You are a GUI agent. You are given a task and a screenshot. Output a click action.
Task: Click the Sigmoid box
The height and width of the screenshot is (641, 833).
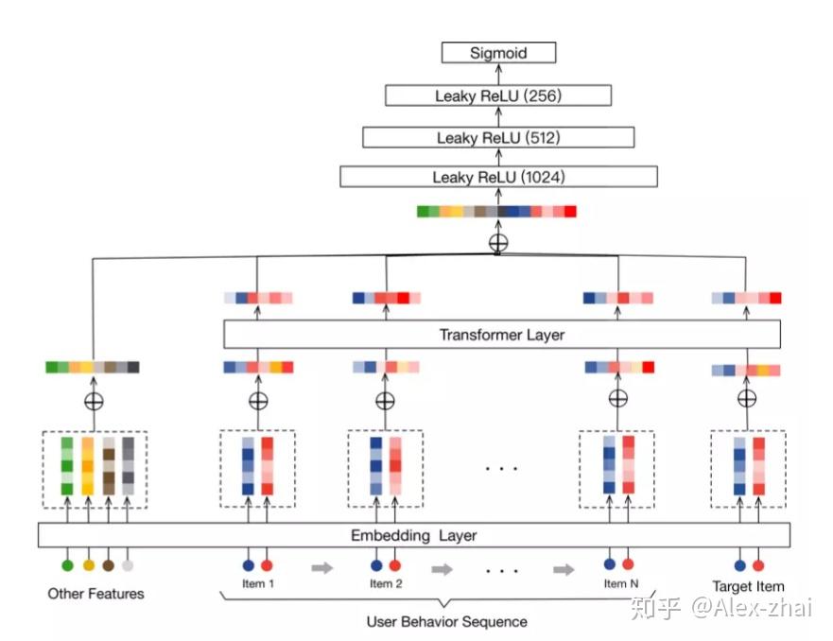(x=498, y=53)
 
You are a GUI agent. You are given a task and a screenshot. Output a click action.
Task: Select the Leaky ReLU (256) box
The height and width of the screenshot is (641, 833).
(x=498, y=95)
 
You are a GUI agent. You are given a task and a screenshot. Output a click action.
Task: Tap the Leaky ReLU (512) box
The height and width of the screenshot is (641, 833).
(x=498, y=137)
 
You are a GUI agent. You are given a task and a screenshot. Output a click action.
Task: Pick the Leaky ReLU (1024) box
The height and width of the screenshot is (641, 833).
(x=498, y=177)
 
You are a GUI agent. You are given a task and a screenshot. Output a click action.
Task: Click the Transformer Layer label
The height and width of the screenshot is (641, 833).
(x=501, y=335)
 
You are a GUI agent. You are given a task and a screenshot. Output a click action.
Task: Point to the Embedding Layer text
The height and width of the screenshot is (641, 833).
(x=413, y=535)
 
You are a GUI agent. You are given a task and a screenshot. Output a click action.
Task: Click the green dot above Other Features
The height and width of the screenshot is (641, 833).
(x=67, y=565)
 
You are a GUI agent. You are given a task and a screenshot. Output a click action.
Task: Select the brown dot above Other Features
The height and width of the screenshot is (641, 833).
(x=109, y=565)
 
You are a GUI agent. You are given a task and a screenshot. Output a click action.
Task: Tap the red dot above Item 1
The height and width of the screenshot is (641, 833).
(x=267, y=565)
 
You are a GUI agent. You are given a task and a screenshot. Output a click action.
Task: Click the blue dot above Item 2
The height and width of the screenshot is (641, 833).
(x=376, y=565)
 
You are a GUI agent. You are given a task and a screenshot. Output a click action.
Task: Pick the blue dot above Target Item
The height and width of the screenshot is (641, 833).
(x=739, y=565)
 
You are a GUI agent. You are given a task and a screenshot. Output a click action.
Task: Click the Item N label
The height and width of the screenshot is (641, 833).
(x=621, y=583)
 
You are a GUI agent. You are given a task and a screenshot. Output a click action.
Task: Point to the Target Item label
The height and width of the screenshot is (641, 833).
(x=748, y=586)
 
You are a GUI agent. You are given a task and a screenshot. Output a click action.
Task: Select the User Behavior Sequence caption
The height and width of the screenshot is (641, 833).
(x=447, y=622)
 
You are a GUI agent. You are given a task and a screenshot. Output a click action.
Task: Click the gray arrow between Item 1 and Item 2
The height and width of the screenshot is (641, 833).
(x=321, y=568)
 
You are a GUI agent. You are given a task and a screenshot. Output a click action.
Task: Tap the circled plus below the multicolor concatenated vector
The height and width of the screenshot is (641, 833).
(x=498, y=243)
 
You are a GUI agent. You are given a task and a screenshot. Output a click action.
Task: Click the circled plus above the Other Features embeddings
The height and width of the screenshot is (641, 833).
(x=94, y=401)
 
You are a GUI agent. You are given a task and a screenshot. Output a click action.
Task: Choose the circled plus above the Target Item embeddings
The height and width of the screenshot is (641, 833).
(x=747, y=398)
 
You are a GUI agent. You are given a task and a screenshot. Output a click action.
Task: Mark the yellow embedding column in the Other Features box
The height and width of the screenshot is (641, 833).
(x=88, y=466)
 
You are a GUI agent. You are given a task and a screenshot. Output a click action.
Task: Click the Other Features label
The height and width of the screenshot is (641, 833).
(x=95, y=594)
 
